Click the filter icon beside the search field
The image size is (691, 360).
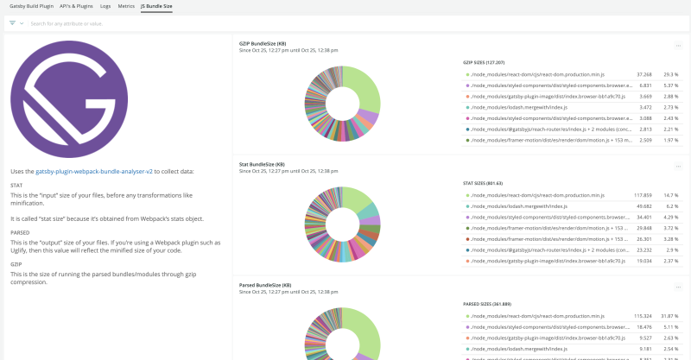point(13,23)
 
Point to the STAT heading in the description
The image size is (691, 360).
point(16,185)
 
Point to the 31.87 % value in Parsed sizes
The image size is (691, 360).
point(669,317)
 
